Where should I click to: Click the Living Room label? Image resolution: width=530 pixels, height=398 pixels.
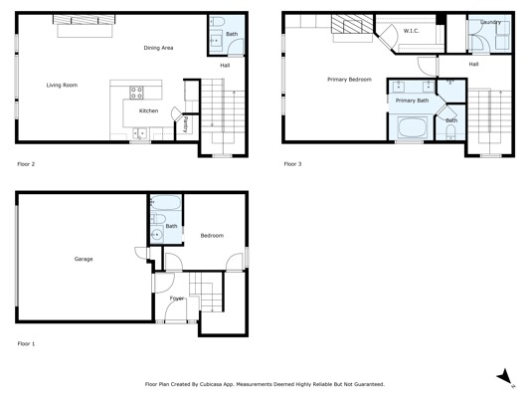[x=62, y=85]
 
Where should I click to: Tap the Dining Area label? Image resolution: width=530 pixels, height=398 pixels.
[x=158, y=48]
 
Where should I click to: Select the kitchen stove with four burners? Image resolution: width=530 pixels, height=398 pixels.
[x=136, y=93]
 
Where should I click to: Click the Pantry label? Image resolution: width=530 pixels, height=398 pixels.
[x=186, y=124]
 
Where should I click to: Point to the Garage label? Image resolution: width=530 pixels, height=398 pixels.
[x=84, y=259]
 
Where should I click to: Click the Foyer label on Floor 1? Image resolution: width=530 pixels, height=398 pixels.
[x=177, y=298]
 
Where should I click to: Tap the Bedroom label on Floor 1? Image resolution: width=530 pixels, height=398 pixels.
[x=212, y=236]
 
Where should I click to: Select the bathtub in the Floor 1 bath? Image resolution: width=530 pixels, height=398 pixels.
[x=166, y=203]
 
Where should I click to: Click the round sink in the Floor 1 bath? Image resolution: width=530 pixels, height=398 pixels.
[x=156, y=234]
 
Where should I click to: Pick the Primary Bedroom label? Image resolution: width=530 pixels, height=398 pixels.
[x=349, y=80]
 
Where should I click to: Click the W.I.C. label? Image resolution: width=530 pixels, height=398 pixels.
[x=411, y=31]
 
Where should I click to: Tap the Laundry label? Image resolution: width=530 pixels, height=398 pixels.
[x=490, y=22]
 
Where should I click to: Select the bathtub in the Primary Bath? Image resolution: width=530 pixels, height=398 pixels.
[x=413, y=127]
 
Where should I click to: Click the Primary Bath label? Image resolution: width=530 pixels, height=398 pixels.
[x=412, y=100]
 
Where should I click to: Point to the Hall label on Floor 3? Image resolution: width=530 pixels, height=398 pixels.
[x=473, y=64]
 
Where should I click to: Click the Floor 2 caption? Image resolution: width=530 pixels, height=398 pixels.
[x=26, y=164]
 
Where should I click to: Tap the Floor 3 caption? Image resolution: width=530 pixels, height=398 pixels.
[x=292, y=164]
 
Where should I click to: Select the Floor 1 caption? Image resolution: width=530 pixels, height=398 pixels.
[x=26, y=344]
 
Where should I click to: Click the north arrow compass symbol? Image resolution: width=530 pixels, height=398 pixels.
[x=505, y=377]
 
